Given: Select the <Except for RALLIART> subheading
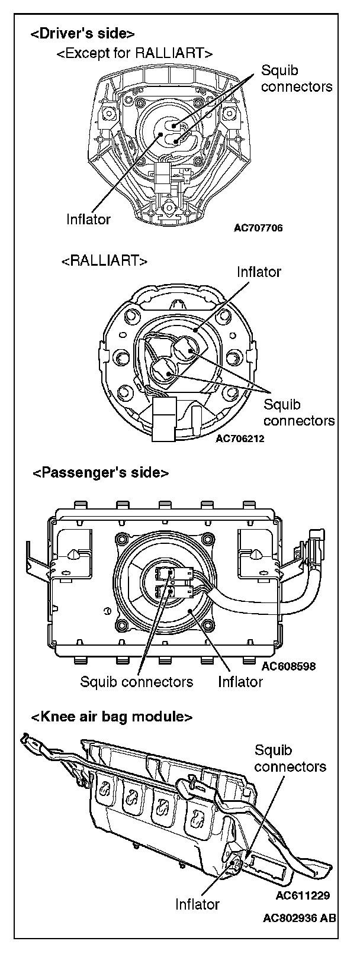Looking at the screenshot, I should (134, 53).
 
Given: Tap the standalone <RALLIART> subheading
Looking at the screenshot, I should (104, 261).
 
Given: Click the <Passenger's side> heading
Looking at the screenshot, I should (101, 473).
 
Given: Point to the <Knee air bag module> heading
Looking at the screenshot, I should (112, 717).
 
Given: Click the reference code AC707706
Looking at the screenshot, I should (258, 228).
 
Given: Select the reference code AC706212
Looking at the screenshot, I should (240, 439).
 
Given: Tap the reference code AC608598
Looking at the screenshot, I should (288, 666).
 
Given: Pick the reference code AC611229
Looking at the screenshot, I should (303, 895).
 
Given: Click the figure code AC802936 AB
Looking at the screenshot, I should (300, 936).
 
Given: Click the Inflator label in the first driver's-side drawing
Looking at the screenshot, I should (88, 220).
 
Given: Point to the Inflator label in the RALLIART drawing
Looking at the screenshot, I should (259, 272).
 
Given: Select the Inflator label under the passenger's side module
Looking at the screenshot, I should (240, 682).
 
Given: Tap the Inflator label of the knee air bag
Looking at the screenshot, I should (197, 921).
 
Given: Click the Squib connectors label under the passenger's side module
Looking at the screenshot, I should (137, 682).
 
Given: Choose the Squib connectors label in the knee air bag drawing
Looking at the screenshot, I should (290, 759).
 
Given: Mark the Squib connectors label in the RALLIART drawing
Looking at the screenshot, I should (298, 412).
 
